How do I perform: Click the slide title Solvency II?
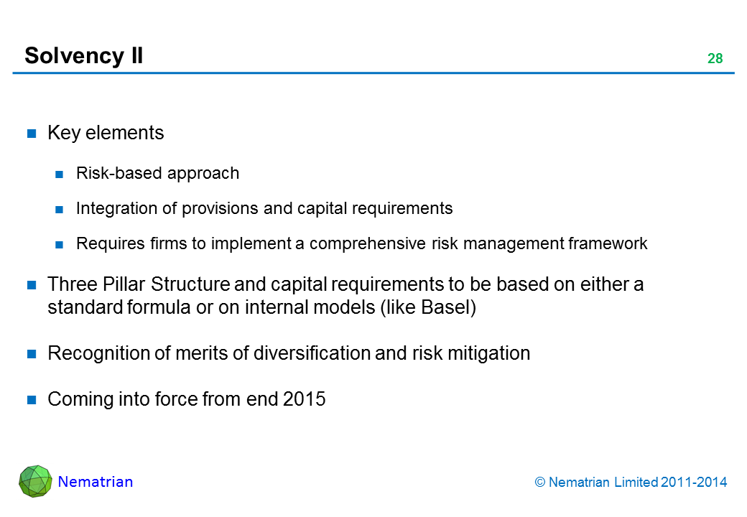coord(83,55)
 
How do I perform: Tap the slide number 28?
coord(715,59)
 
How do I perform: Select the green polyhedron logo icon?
coord(35,481)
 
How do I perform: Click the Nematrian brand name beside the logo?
coord(96,482)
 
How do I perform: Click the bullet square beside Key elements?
coord(32,134)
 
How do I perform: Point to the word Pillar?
coord(109,284)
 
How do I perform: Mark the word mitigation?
coord(495,353)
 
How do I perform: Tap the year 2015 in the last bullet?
coord(305,399)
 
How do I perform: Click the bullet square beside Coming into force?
coord(32,400)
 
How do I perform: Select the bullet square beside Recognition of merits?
coord(32,354)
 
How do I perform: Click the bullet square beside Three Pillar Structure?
coord(32,285)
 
